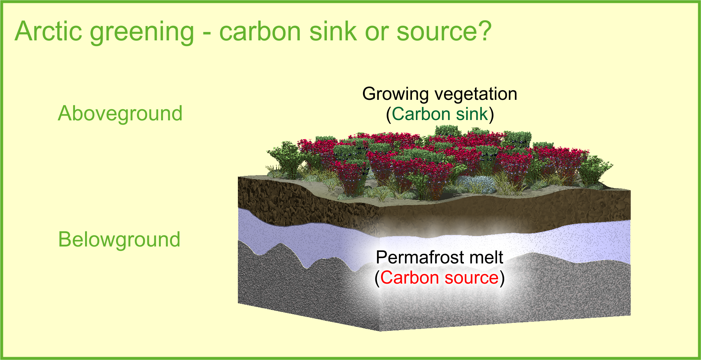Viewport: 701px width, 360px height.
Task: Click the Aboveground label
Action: click(120, 114)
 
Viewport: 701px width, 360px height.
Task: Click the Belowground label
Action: click(119, 240)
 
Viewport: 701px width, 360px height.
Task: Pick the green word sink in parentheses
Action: click(471, 114)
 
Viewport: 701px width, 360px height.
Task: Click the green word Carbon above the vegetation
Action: click(421, 114)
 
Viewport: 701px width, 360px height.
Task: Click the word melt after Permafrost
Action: click(481, 257)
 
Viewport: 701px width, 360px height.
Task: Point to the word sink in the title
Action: click(333, 31)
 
